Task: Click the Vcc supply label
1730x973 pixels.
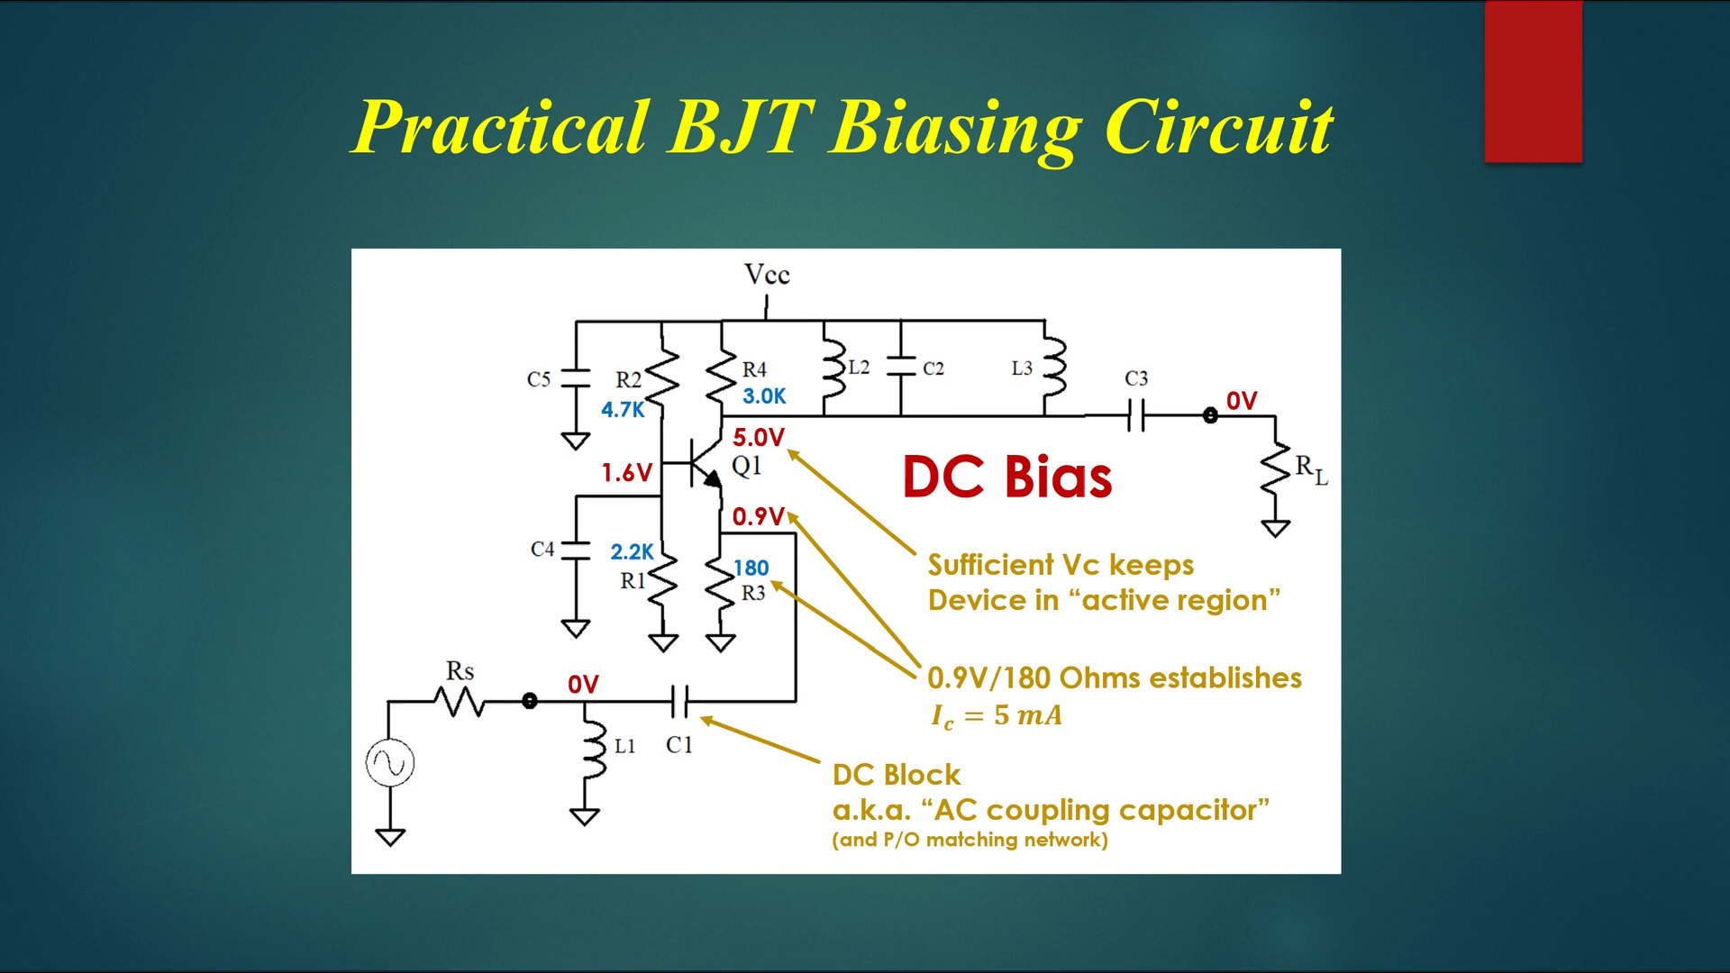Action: coord(767,275)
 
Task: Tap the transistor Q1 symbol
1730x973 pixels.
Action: coord(703,463)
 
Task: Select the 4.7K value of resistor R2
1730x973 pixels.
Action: coord(623,410)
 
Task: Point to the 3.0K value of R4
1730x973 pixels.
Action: coord(764,396)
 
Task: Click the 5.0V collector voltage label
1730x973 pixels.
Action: coord(758,438)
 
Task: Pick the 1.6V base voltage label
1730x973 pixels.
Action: coord(626,473)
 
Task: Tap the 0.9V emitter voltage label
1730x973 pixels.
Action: coord(758,517)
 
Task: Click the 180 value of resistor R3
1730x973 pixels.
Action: coord(751,568)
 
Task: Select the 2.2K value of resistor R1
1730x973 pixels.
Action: coord(632,552)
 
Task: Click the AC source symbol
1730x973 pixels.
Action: coord(390,764)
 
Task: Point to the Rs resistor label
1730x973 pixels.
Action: coord(460,671)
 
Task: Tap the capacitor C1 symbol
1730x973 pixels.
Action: coord(680,701)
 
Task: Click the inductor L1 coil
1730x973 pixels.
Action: coord(594,746)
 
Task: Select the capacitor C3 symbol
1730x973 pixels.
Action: coord(1136,416)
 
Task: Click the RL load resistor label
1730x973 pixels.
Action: coord(1311,468)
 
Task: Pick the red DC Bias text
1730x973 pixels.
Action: coord(1006,477)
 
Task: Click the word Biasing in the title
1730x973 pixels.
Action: coord(956,128)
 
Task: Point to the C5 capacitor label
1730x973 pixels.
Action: coord(538,379)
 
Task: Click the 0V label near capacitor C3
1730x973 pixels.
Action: coord(1241,402)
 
